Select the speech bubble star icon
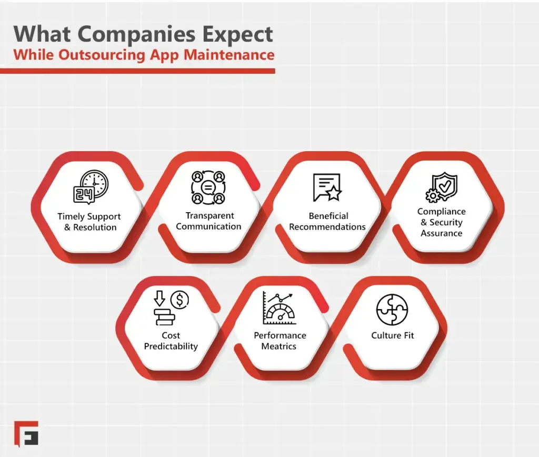pyautogui.click(x=327, y=187)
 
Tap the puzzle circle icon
pyautogui.click(x=392, y=309)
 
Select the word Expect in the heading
pyautogui.click(x=241, y=34)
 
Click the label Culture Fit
pyautogui.click(x=393, y=335)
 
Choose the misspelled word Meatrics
pyautogui.click(x=279, y=346)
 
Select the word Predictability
pyautogui.click(x=171, y=346)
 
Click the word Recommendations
pyautogui.click(x=327, y=227)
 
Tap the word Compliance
pyautogui.click(x=442, y=211)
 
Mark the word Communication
pyautogui.click(x=208, y=226)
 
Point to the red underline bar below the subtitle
pyautogui.click(x=137, y=71)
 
